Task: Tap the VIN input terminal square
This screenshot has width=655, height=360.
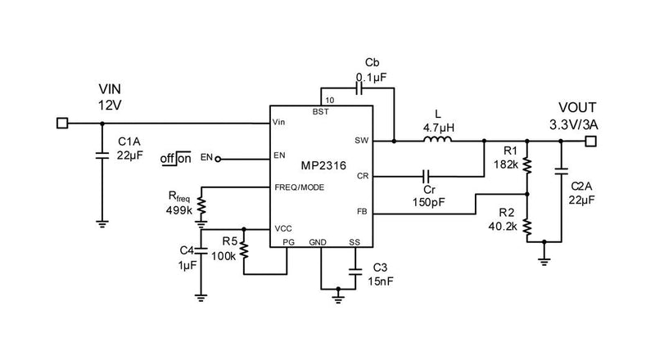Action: [61, 124]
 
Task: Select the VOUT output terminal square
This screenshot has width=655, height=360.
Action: [591, 141]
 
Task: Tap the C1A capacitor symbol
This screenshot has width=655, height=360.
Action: [102, 156]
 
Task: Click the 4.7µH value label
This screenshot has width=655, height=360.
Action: [439, 127]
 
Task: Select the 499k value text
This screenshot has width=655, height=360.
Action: [178, 210]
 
